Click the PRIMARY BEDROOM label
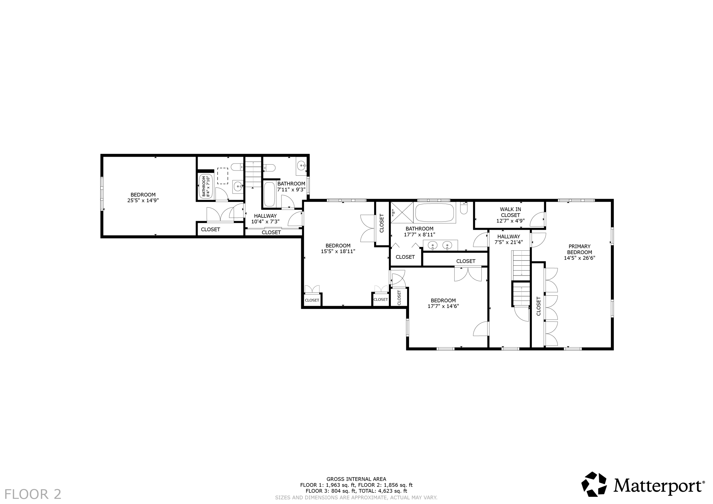coord(579,249)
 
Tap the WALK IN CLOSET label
coord(511,212)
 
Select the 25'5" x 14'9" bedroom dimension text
coord(143,201)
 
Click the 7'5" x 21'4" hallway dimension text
coord(509,242)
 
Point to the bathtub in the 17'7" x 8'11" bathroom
coord(434,212)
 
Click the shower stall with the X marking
coord(402,212)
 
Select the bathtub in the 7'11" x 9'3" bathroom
coord(269,194)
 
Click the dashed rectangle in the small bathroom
coord(222,176)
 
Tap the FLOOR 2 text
coord(33,494)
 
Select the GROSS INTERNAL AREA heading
coord(356,479)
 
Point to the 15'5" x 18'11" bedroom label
coord(338,248)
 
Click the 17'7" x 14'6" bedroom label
coord(443,303)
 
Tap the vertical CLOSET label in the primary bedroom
coord(539,306)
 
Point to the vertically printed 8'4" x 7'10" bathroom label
coord(206,186)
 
